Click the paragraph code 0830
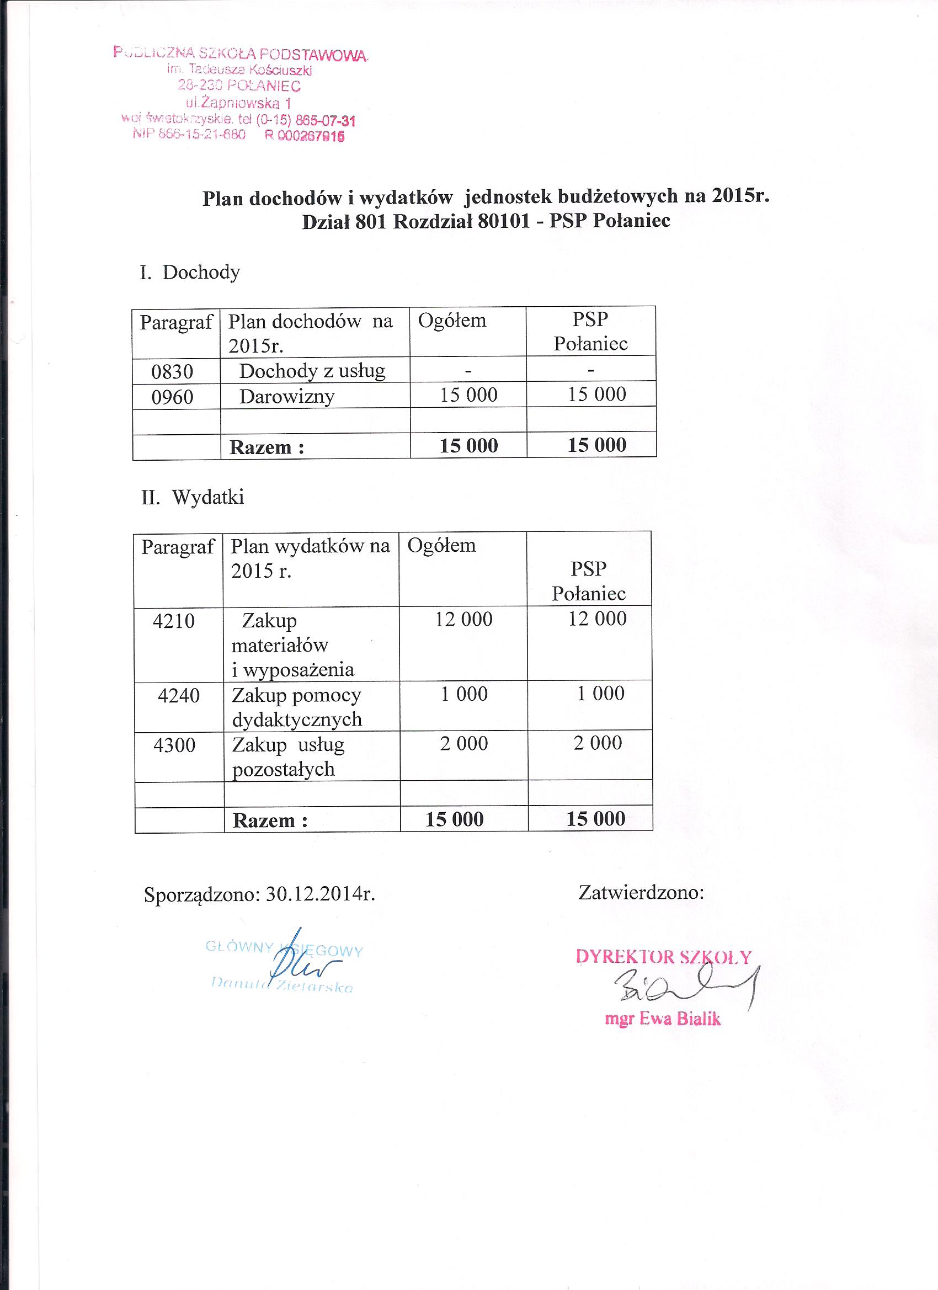(172, 372)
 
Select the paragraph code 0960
(172, 397)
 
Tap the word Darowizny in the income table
(287, 397)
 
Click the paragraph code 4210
(173, 621)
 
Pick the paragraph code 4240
(179, 696)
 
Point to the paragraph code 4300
(174, 745)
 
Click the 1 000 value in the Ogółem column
(464, 694)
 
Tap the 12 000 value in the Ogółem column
(463, 620)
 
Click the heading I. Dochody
(190, 273)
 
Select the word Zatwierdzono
(641, 892)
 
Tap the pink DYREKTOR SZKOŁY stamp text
(663, 957)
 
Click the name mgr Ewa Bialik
(663, 1018)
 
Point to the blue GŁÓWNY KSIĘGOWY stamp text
(284, 948)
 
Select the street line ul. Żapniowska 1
(238, 104)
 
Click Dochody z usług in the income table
(312, 371)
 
